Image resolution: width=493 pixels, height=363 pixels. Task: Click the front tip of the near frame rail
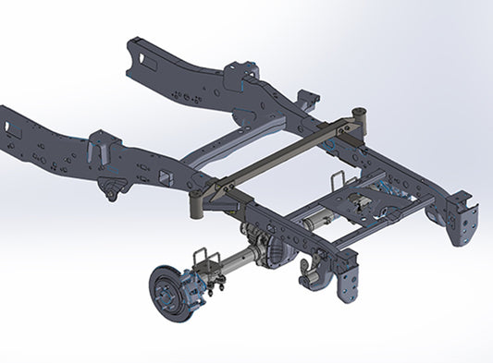(7, 125)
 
